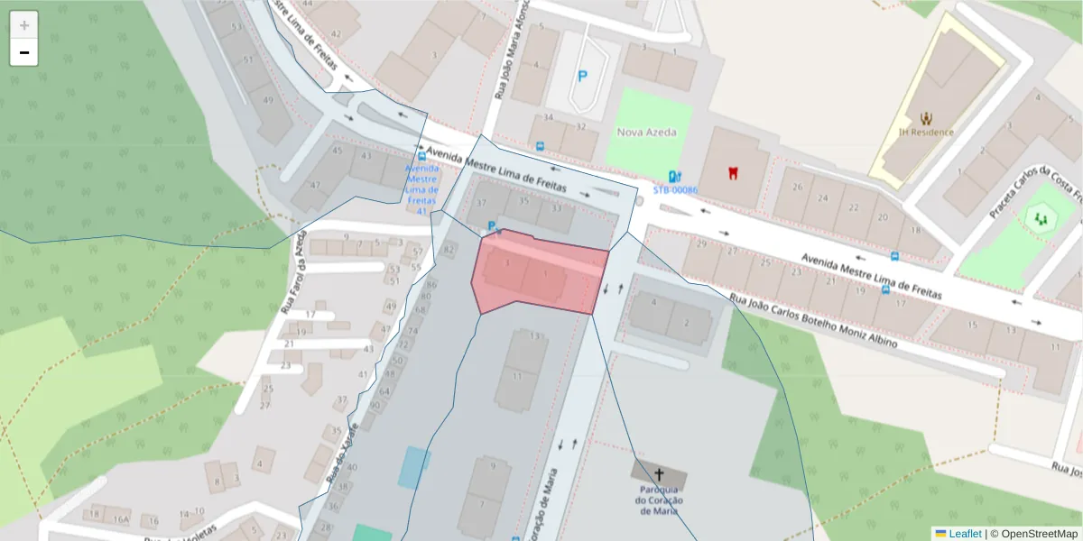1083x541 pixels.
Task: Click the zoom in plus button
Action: tap(24, 25)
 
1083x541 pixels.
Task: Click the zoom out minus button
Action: tap(24, 52)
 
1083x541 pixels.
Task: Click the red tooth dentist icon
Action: tap(733, 171)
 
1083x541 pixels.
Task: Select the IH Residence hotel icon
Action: tap(926, 117)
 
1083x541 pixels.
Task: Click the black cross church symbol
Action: tap(659, 474)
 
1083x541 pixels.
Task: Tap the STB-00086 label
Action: tap(675, 190)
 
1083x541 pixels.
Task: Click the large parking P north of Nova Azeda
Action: tap(582, 78)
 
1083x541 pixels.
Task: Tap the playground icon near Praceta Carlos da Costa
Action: tap(1042, 216)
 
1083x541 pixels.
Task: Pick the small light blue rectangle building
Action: tap(413, 467)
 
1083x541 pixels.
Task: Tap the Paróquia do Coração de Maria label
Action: tap(658, 500)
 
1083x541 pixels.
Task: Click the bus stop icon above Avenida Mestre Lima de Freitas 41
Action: tap(422, 156)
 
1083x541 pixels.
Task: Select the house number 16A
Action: tap(121, 519)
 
